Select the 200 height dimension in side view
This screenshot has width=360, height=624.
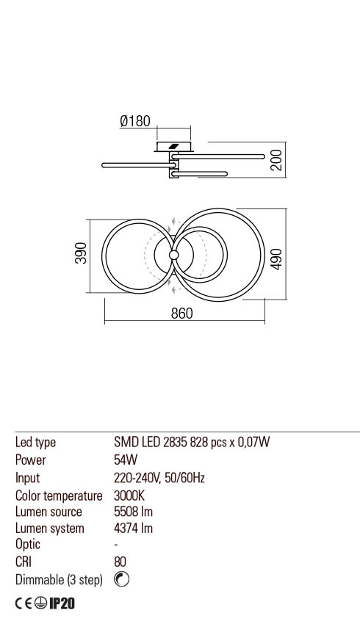click(x=276, y=159)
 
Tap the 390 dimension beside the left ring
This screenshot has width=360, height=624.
click(x=81, y=253)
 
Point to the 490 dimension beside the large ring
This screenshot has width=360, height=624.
click(x=277, y=258)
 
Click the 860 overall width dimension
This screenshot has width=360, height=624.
click(x=181, y=313)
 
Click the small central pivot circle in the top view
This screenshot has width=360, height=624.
click(x=174, y=255)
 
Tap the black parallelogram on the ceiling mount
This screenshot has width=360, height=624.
click(x=173, y=146)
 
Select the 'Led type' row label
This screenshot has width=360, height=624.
click(x=35, y=442)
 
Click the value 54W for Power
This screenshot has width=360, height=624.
click(x=126, y=460)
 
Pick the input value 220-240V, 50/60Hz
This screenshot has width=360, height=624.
click(x=159, y=477)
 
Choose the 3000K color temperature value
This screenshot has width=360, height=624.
click(x=129, y=495)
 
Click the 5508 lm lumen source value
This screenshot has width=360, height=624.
click(x=134, y=512)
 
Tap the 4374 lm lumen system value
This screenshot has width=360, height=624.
click(x=134, y=529)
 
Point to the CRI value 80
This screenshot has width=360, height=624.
click(x=120, y=562)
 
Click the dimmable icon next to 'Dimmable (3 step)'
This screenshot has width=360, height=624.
click(x=122, y=579)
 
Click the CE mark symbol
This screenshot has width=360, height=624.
click(x=25, y=603)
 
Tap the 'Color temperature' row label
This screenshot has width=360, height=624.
click(x=59, y=495)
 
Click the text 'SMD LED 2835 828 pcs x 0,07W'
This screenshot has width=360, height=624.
click(x=192, y=442)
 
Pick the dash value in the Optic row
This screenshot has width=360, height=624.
click(x=116, y=545)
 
